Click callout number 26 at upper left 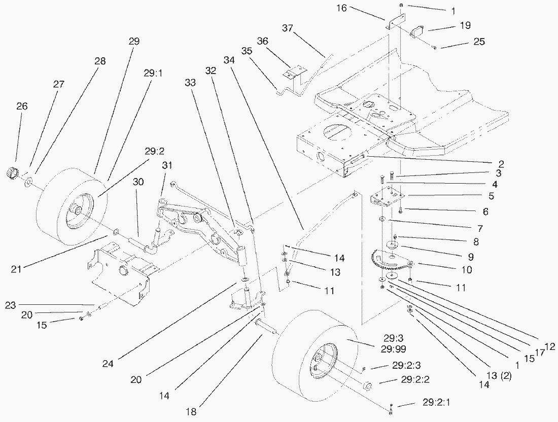(x=22, y=107)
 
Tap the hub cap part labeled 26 (x=13, y=173)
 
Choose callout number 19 (x=465, y=24)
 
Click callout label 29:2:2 (x=418, y=379)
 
